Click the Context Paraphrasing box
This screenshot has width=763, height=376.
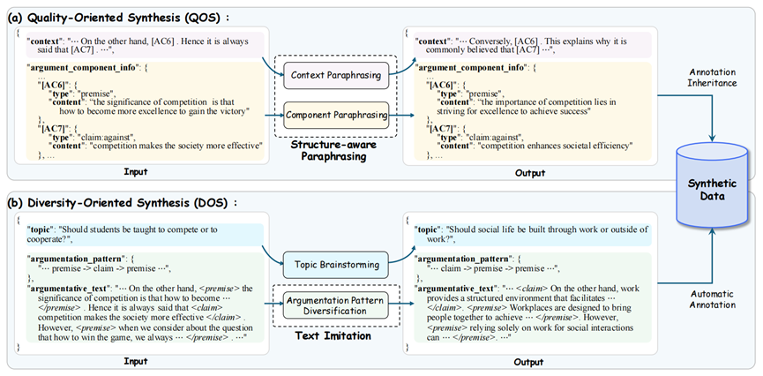coord(336,75)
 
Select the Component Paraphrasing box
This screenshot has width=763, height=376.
coord(336,115)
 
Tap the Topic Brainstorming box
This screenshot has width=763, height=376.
coord(336,265)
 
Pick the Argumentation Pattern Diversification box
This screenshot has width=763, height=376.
coord(336,305)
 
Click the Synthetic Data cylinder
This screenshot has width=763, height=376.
coord(713,186)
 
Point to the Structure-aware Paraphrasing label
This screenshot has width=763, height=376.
coord(336,152)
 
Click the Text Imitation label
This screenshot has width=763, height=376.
coord(336,336)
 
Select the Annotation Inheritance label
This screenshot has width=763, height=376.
coord(713,78)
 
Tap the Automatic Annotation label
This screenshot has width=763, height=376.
coord(713,299)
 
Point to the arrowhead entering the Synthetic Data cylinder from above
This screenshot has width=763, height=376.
coord(713,138)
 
